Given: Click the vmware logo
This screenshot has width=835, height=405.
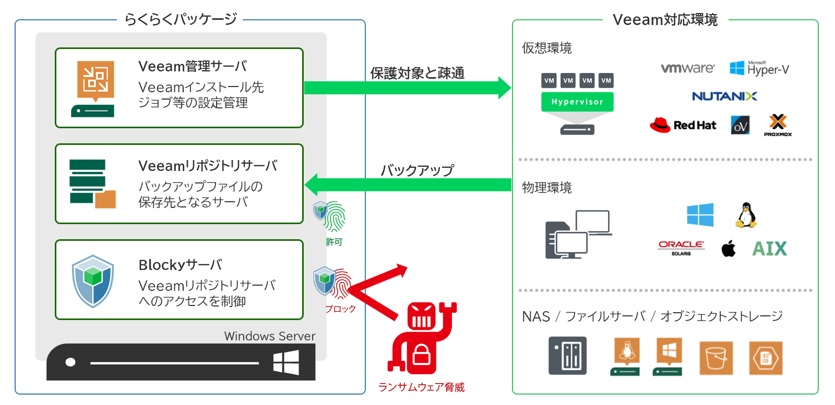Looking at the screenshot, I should point(687,68).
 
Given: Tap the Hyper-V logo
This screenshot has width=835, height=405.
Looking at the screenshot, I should point(759,68).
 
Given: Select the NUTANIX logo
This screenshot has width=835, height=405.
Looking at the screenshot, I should point(724,96).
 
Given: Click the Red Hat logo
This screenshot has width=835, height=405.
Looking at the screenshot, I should point(683,125).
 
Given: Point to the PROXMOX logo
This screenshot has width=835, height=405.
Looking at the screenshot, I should point(778,126).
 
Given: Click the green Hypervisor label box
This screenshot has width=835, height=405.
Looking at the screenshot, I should point(577,102).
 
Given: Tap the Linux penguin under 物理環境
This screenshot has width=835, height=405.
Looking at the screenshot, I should point(746,215).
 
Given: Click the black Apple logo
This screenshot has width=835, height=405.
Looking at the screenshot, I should point(729,249).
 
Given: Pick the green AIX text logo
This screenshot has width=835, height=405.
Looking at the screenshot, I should point(769,249).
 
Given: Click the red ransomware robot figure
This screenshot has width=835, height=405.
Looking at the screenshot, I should point(422,339).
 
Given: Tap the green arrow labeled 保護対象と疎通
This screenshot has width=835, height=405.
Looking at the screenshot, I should point(407,88).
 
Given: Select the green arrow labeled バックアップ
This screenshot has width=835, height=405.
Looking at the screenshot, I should point(407,185).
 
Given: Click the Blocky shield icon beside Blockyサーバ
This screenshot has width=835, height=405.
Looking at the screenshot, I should point(93,281).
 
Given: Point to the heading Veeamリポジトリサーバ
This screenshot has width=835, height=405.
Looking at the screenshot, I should point(208,166).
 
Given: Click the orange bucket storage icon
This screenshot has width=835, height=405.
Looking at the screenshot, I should point(716,358).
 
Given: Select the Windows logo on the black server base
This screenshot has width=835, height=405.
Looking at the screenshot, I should point(286,362).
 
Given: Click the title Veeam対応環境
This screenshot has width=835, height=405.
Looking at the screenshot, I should point(665,20).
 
